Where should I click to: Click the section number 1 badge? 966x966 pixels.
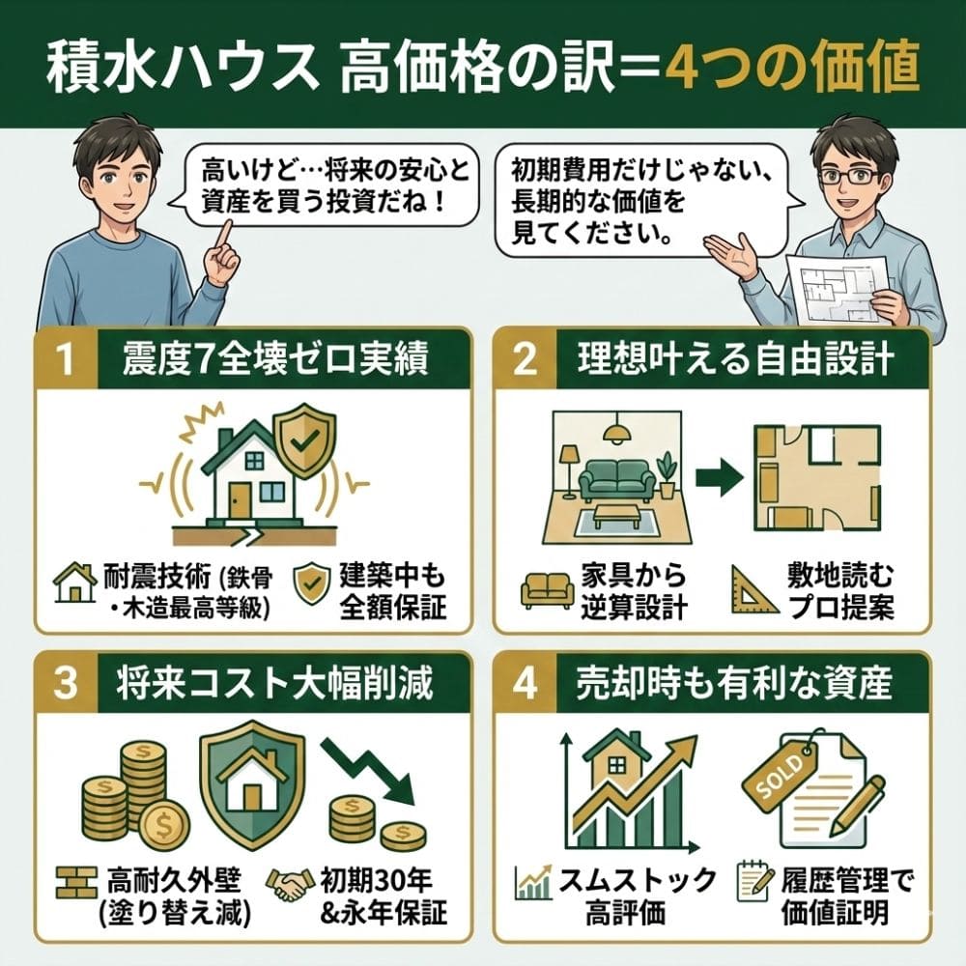coord(65,360)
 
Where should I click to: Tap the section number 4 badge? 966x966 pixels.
coord(525,683)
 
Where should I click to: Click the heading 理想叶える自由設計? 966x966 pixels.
coord(736,360)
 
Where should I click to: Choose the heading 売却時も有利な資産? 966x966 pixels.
coord(736,683)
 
